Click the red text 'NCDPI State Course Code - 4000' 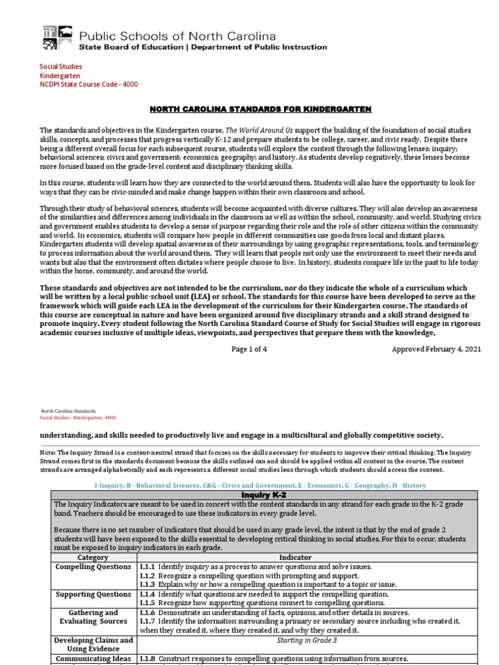pyautogui.click(x=89, y=84)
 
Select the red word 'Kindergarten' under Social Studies pyautogui.click(x=59, y=75)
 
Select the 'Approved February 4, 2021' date pyautogui.click(x=436, y=349)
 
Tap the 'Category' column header pyautogui.click(x=93, y=557)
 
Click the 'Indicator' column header pyautogui.click(x=296, y=557)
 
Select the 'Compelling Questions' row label pyautogui.click(x=93, y=566)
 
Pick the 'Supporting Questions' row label pyautogui.click(x=93, y=594)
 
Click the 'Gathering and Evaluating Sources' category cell pyautogui.click(x=93, y=617)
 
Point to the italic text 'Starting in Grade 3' pyautogui.click(x=296, y=640)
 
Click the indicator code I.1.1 pyautogui.click(x=147, y=566)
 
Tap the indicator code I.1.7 pyautogui.click(x=147, y=621)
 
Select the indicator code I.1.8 pyautogui.click(x=147, y=659)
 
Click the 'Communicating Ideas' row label pyautogui.click(x=93, y=659)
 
